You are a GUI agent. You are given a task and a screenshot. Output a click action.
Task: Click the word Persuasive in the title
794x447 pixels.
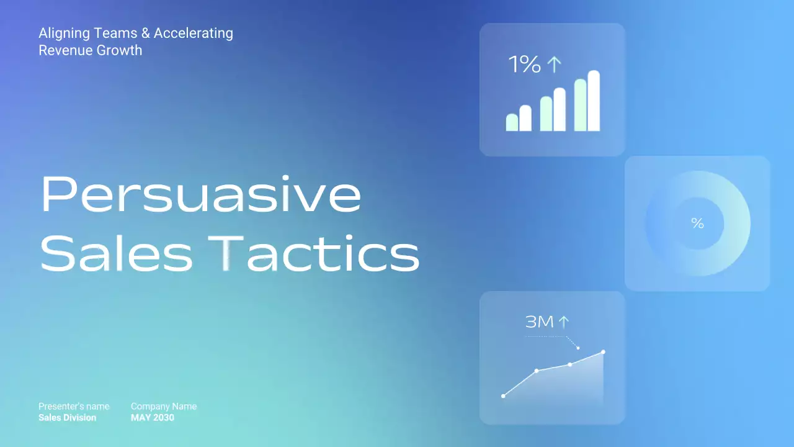tap(200, 195)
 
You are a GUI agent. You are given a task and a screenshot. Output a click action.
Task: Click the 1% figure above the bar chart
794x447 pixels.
tap(524, 65)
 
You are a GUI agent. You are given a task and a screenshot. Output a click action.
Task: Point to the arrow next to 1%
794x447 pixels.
tap(554, 65)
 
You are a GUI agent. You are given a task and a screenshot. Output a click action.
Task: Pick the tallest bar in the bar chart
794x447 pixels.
tap(594, 101)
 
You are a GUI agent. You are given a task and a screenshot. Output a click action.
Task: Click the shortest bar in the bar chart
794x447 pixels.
tap(512, 122)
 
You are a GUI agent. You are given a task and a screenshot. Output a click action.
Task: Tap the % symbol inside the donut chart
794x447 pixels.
tap(698, 223)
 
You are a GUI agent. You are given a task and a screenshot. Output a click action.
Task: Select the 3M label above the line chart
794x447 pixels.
tap(539, 322)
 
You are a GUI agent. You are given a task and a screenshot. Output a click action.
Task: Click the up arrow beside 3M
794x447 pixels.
tap(563, 322)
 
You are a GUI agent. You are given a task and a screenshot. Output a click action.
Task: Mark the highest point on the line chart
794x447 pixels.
tap(603, 352)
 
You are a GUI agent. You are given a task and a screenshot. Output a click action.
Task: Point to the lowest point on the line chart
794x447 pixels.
tap(503, 395)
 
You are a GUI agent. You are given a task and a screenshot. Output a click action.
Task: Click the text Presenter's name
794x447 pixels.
tap(74, 406)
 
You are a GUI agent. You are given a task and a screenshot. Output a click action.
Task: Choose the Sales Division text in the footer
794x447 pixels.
tap(67, 418)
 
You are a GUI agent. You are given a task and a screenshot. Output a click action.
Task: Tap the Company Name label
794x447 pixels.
tap(164, 406)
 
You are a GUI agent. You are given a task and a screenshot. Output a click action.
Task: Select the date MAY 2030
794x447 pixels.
tap(153, 418)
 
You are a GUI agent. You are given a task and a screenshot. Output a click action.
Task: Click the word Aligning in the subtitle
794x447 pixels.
tap(60, 34)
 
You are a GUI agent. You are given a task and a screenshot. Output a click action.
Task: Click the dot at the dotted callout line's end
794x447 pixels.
tap(578, 348)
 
